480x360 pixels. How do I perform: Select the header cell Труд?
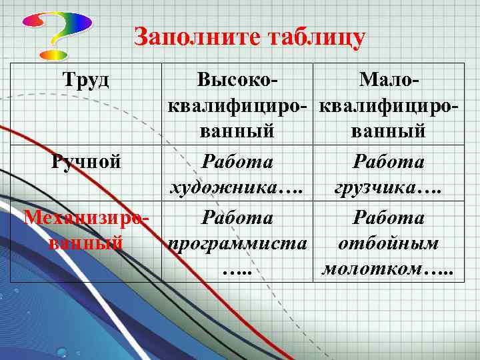coord(86,81)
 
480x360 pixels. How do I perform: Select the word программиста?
coord(238,243)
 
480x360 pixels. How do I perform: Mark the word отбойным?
coord(389,243)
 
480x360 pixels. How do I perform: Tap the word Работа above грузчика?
coord(389,162)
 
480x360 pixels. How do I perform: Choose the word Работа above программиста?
coord(238,218)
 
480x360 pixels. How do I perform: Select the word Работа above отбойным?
coord(389,218)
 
